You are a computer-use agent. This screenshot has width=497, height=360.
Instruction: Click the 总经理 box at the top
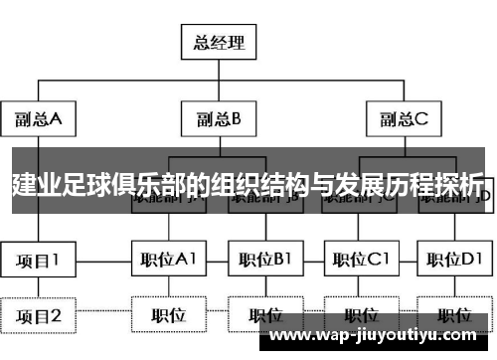pyautogui.click(x=218, y=43)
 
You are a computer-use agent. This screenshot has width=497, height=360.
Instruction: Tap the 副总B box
pyautogui.click(x=218, y=119)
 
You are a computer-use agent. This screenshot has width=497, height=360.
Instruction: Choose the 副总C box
pyautogui.click(x=403, y=119)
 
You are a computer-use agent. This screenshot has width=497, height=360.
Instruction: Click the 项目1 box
pyautogui.click(x=38, y=261)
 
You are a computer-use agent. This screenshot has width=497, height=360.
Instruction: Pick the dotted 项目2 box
pyautogui.click(x=38, y=316)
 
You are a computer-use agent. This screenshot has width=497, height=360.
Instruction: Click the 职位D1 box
pyautogui.click(x=454, y=261)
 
